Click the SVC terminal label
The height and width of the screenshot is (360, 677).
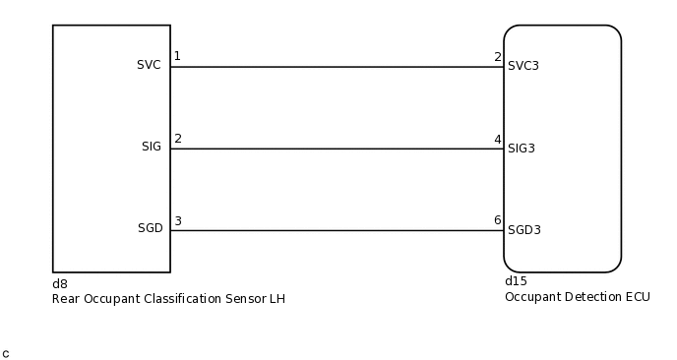click(149, 65)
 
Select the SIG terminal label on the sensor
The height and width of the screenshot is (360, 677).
click(151, 147)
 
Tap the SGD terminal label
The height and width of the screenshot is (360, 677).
click(150, 228)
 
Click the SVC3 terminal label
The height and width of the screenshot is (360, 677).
click(524, 66)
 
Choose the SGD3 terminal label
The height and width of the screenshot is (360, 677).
click(524, 230)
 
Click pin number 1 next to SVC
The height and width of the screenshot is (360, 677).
click(177, 56)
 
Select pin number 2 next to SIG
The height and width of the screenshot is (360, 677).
click(177, 138)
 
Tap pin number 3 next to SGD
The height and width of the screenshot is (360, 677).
click(177, 220)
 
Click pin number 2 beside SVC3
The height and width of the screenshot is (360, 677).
click(498, 57)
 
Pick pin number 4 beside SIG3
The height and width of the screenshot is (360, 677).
click(498, 139)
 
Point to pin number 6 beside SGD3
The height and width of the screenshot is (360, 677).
click(498, 221)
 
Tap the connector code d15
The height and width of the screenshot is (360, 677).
click(515, 281)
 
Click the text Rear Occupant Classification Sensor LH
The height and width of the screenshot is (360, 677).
click(168, 298)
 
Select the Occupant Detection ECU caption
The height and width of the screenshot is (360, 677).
click(577, 296)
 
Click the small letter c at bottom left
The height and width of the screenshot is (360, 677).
click(6, 352)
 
